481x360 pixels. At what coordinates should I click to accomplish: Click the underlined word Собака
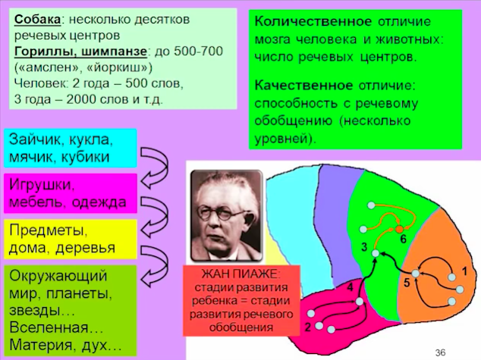click(37, 19)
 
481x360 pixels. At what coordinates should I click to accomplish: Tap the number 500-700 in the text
click(198, 52)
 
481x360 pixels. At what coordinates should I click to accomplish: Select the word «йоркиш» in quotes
click(120, 67)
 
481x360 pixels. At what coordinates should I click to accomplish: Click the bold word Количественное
click(313, 21)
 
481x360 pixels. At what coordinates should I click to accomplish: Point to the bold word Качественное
click(303, 85)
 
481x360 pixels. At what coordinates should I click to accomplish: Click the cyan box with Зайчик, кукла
click(70, 148)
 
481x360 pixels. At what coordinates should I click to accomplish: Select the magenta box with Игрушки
click(71, 193)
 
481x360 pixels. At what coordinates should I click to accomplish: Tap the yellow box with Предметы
click(71, 239)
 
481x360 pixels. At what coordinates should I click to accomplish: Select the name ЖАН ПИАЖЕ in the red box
click(240, 274)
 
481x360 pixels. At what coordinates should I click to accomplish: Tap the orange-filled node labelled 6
click(399, 230)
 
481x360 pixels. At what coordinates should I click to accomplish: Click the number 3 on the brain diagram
click(364, 247)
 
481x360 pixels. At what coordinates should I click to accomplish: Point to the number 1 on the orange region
click(465, 271)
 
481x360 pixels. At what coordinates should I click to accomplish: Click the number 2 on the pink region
click(308, 327)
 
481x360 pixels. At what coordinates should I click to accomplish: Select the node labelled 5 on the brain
click(415, 274)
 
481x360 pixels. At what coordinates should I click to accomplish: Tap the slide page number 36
click(440, 352)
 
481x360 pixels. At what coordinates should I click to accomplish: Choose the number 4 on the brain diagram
click(350, 287)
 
